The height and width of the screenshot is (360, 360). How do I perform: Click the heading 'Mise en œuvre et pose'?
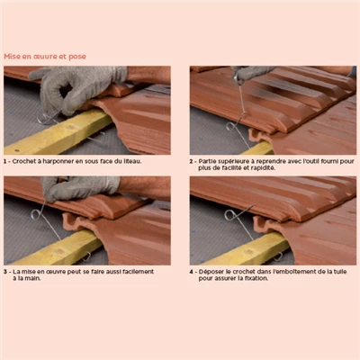[45, 57]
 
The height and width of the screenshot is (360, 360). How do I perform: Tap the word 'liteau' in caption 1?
[131, 161]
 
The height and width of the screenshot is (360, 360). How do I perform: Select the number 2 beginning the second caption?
[191, 161]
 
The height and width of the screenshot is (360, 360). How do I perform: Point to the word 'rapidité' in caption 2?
[263, 168]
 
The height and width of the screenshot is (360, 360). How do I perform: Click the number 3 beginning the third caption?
[5, 272]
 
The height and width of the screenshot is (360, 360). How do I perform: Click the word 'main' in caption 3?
[34, 278]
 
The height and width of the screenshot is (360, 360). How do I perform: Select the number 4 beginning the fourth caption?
[191, 272]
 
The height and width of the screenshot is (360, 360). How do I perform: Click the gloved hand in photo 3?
[78, 187]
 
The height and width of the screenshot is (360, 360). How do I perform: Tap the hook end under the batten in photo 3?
[87, 256]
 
